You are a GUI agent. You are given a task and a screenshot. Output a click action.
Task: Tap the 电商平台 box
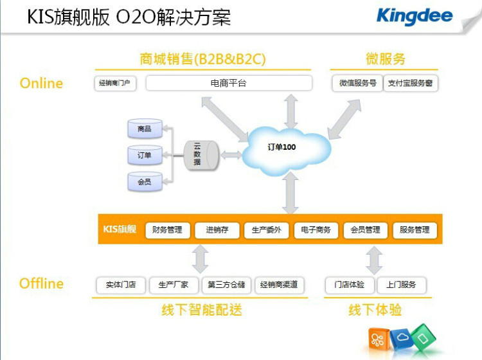point(228,84)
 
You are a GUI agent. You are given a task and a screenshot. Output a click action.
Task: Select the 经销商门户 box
point(116,84)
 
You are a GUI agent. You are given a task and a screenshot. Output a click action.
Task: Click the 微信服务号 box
point(357,84)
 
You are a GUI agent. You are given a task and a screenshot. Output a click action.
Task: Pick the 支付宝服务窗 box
point(410,84)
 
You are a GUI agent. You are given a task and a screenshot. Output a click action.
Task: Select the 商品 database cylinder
point(145,130)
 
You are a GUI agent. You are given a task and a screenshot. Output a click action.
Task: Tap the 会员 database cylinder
point(145,183)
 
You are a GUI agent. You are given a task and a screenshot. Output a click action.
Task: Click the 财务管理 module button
point(167,230)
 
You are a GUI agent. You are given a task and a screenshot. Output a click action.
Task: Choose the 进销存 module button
point(217,230)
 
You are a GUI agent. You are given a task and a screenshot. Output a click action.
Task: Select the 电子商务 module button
point(316,230)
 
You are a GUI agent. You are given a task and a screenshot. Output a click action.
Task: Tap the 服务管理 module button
point(415,230)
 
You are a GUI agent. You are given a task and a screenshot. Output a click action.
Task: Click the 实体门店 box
point(121,285)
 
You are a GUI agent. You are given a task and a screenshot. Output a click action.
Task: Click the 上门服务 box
point(401,285)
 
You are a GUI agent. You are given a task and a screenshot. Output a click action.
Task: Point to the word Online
point(41,84)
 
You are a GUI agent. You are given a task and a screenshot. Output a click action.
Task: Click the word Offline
point(41,284)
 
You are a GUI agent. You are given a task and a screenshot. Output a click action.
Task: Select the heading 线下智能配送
point(201,310)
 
